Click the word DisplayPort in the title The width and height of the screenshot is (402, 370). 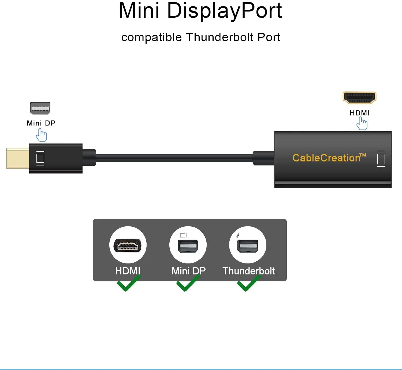(224, 11)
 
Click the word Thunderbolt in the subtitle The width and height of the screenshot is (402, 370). (220, 37)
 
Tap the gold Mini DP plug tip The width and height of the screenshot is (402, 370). (18, 158)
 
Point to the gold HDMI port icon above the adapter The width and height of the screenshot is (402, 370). (359, 98)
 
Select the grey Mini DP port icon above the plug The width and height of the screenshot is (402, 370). (40, 108)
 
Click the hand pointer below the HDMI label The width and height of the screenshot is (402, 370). (362, 124)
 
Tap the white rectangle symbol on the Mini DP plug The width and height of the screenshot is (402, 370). (40, 158)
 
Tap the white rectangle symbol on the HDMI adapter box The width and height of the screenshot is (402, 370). (381, 159)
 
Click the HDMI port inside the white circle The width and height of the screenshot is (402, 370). (128, 245)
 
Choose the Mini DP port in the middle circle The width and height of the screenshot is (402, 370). (188, 246)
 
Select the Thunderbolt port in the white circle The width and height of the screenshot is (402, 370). (248, 246)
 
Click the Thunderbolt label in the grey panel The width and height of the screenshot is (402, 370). (248, 271)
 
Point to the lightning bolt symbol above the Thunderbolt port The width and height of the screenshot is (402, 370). (238, 235)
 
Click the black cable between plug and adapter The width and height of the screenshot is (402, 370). (174, 158)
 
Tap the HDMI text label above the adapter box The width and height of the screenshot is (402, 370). (359, 113)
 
